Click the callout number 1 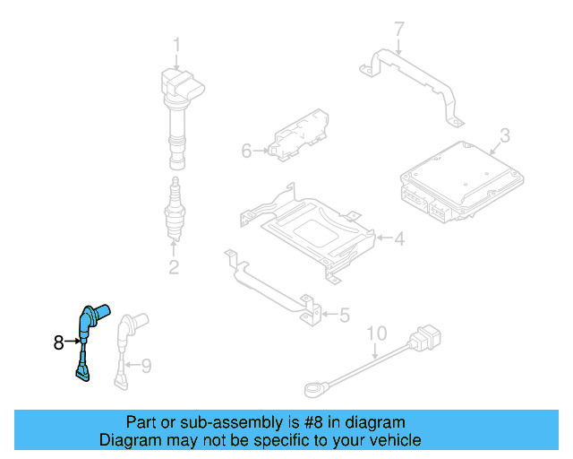point(176,44)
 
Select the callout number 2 point(174,266)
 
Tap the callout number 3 point(504,135)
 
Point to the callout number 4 point(399,238)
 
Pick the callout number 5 point(345,314)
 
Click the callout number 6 point(247,151)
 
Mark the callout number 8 point(59,342)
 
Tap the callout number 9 point(147,364)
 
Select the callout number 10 point(376,333)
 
